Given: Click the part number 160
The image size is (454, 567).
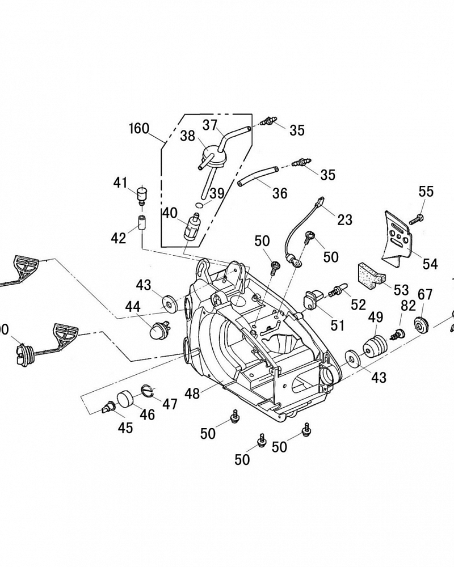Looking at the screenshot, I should [x=138, y=128].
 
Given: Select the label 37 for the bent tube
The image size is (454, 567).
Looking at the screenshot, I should [x=210, y=124].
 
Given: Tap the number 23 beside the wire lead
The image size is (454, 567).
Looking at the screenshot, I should [x=344, y=219].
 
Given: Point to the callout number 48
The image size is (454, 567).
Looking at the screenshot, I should [x=192, y=392].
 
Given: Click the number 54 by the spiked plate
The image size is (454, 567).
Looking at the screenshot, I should [x=430, y=264].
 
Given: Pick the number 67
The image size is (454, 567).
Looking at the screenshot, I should [x=425, y=294].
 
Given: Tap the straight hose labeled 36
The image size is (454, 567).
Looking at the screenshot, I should [x=257, y=175].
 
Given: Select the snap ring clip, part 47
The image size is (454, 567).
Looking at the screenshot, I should [x=148, y=391].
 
